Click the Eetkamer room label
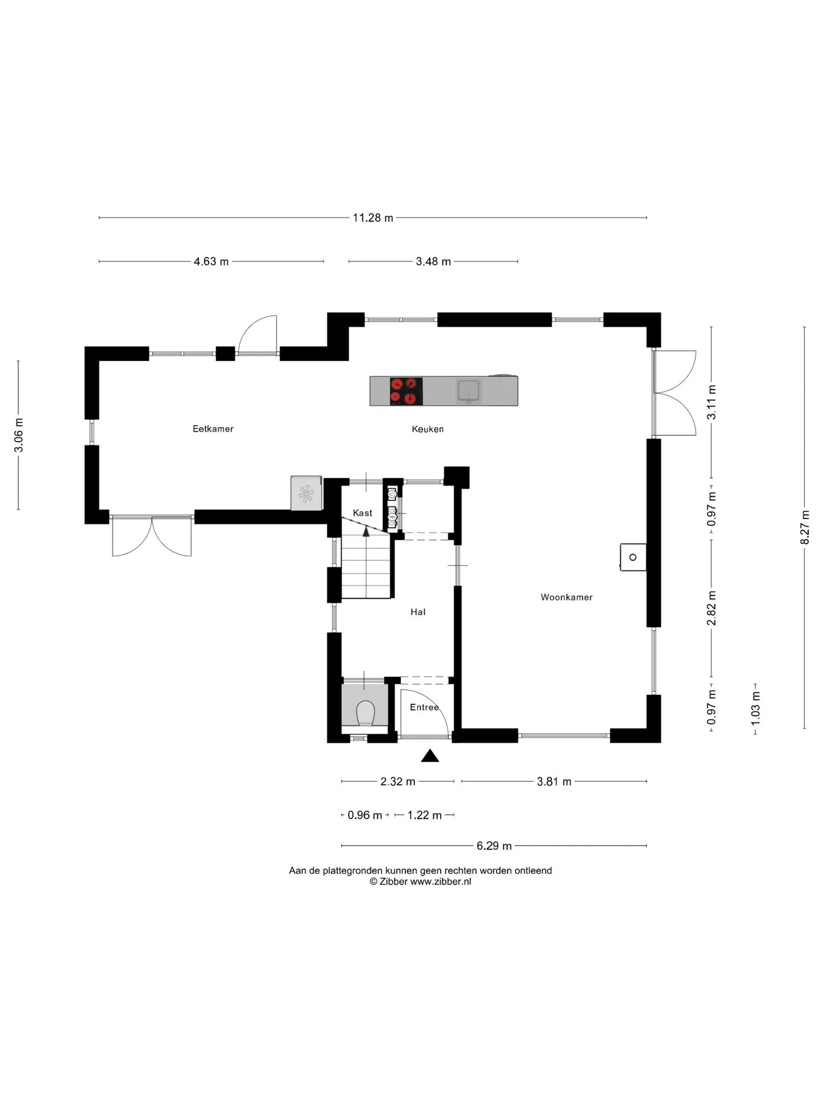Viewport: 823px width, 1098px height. (x=213, y=429)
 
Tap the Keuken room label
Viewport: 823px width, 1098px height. (x=428, y=429)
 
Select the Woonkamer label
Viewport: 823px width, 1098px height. (x=566, y=597)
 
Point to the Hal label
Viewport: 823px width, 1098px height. (x=418, y=612)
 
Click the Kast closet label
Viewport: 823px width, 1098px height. (x=362, y=513)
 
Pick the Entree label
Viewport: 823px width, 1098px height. (x=424, y=707)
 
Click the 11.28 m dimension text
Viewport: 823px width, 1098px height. (x=373, y=218)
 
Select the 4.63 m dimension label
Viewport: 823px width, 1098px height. (x=211, y=261)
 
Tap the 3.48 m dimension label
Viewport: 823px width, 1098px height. (x=433, y=261)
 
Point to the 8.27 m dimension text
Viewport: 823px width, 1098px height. (x=805, y=527)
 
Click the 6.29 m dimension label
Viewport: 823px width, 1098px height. (x=494, y=846)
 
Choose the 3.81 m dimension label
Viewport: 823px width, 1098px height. (x=554, y=782)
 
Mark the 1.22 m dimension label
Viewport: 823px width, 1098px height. (x=425, y=815)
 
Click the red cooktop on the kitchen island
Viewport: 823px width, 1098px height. (x=406, y=391)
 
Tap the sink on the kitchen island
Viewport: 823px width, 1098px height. (x=469, y=391)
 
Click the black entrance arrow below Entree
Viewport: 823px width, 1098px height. (x=430, y=756)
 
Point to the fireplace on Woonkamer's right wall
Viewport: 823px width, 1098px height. (x=633, y=557)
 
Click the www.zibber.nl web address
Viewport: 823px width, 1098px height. (x=441, y=881)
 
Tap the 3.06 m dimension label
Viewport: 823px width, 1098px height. (x=19, y=435)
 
